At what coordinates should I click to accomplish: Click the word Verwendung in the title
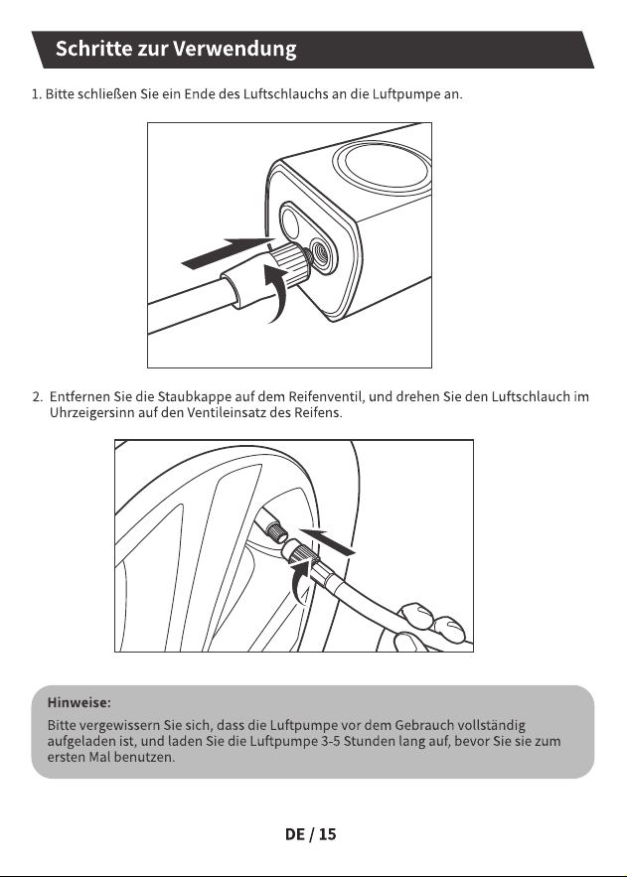(x=235, y=50)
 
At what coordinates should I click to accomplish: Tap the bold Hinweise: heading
(x=78, y=702)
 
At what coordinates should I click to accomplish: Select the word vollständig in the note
(x=492, y=725)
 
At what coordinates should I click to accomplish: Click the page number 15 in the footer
(x=327, y=834)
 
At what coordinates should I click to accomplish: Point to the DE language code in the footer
(x=295, y=834)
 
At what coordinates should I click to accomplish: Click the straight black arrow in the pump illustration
(x=228, y=252)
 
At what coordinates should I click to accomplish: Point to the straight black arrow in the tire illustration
(x=328, y=541)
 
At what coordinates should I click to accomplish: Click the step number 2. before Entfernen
(x=38, y=397)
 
